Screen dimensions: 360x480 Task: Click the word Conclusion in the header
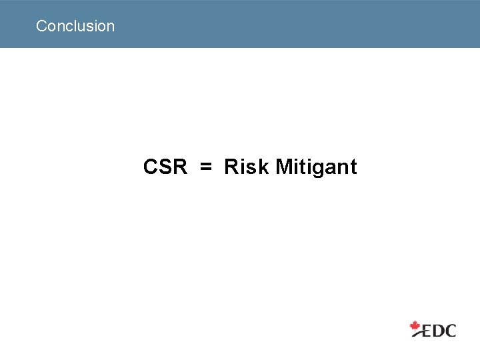[x=75, y=26]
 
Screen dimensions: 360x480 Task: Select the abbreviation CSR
[x=165, y=167]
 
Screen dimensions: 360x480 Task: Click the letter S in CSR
[x=165, y=167]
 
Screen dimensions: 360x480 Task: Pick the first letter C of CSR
[x=151, y=167]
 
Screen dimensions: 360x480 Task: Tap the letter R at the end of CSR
[x=179, y=167]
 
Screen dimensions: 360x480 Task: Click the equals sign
[x=206, y=167]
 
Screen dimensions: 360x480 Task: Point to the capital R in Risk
[x=231, y=167]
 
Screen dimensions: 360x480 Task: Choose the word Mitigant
[x=316, y=167]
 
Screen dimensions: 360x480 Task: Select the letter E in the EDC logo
[x=427, y=330]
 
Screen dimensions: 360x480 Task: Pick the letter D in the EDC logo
[x=438, y=330]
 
